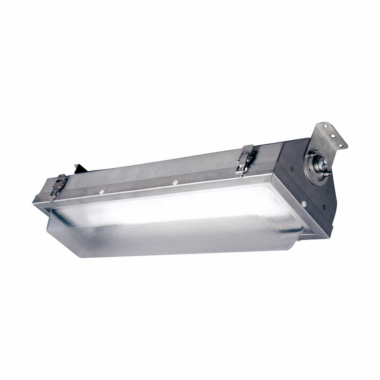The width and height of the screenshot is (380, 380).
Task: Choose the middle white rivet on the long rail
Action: tap(175, 182)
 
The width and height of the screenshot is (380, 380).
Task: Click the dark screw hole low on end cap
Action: tap(324, 207)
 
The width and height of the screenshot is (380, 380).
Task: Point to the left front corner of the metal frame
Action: tap(35, 199)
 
